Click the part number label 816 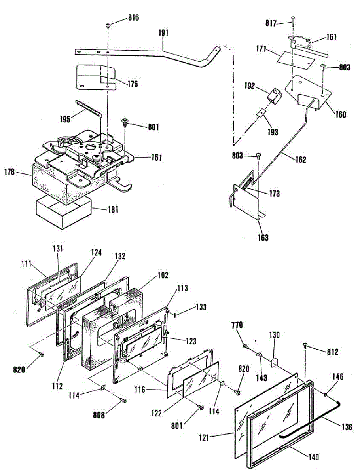coord(133,18)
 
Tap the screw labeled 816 coord(108,26)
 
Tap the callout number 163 coord(263,238)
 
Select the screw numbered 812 coord(306,346)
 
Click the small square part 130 coord(273,361)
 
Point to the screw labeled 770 coord(246,346)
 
